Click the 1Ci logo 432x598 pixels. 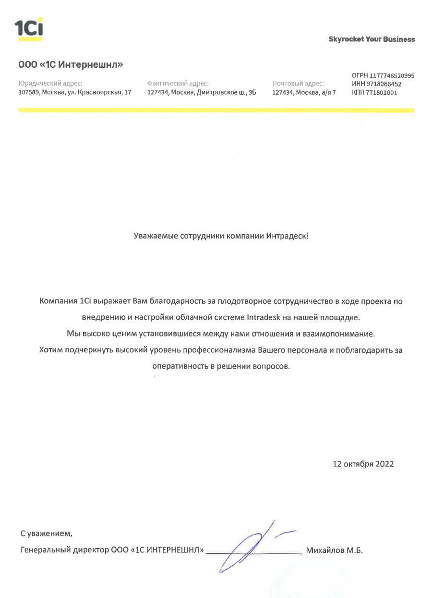point(29,29)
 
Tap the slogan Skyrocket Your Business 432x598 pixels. point(372,39)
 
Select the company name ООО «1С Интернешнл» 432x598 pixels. point(71,64)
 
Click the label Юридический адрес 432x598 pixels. point(50,83)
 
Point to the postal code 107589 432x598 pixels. point(28,92)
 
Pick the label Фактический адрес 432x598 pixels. point(178,83)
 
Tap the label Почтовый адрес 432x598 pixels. point(298,83)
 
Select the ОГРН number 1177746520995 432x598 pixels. point(393,76)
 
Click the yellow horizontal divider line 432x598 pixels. point(216,111)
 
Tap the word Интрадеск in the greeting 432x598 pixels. point(287,236)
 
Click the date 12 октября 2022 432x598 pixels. point(363,464)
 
